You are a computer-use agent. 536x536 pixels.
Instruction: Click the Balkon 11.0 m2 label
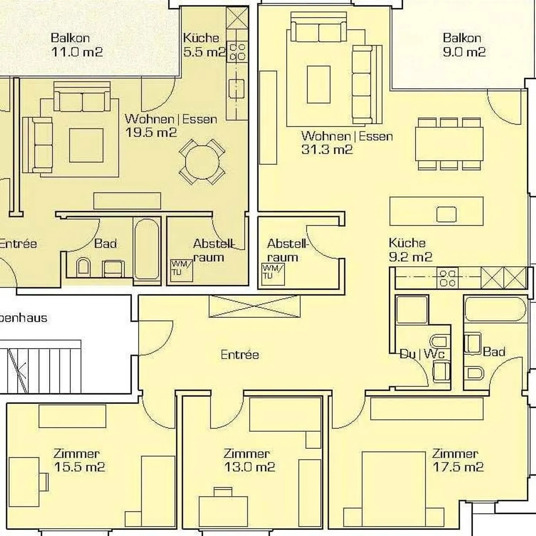click(x=76, y=45)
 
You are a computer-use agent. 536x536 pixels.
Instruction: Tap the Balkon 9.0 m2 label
click(x=464, y=45)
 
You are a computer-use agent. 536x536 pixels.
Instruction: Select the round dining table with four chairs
click(x=202, y=162)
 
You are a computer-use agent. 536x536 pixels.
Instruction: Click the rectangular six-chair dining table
click(x=449, y=144)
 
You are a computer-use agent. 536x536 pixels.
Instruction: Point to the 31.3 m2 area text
click(x=327, y=150)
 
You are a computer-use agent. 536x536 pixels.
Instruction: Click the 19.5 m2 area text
click(x=151, y=133)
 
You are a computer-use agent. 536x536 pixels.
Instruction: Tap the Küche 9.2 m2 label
click(x=410, y=250)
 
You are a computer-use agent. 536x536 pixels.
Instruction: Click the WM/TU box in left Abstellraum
click(x=181, y=270)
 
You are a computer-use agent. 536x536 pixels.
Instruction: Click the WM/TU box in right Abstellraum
click(x=273, y=274)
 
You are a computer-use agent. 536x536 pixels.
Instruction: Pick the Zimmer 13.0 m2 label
click(x=249, y=460)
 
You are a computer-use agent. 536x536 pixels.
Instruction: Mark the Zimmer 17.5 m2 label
click(x=457, y=460)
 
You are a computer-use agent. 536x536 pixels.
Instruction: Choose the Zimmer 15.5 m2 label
click(x=79, y=460)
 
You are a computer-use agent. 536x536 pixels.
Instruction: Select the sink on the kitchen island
click(x=446, y=214)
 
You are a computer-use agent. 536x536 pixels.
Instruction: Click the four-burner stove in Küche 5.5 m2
click(x=237, y=52)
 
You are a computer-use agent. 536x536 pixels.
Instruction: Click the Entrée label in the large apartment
click(x=239, y=354)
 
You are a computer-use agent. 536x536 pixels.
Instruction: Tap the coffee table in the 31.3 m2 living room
click(x=318, y=84)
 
